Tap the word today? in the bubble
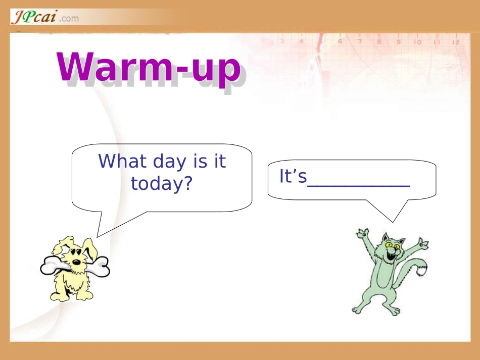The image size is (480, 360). (162, 183)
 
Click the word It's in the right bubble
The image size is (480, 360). (293, 177)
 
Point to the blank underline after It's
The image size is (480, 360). (359, 185)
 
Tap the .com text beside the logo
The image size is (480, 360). (69, 19)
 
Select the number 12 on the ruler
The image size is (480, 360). (456, 42)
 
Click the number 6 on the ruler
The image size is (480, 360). (340, 41)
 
